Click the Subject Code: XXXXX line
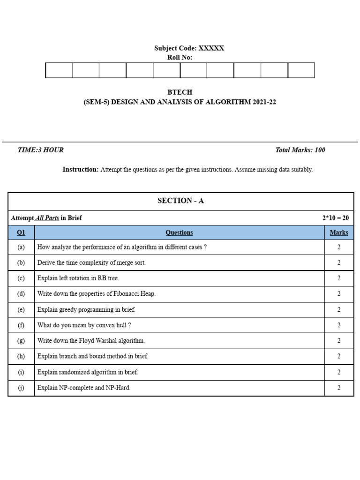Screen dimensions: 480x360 tap(189, 48)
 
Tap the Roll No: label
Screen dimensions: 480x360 tap(180, 58)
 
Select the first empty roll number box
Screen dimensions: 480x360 tap(59, 70)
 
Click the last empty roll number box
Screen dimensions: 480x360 tap(301, 70)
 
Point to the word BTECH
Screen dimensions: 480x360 tap(180, 92)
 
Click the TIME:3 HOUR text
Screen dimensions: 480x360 tap(40, 150)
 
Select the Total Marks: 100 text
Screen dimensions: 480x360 tap(300, 150)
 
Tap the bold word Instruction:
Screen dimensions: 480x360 tap(81, 170)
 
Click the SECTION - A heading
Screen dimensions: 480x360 tap(180, 201)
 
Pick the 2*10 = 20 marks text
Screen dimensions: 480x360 tap(335, 218)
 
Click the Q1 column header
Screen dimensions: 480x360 tap(21, 232)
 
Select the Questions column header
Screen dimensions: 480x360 tap(179, 232)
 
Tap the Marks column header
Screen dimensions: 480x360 tap(338, 232)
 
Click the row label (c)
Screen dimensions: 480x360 tap(21, 278)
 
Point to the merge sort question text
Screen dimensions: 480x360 tap(91, 263)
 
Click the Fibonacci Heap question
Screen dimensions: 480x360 tap(96, 294)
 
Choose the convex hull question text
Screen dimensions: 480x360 tap(84, 325)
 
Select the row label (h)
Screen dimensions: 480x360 tap(21, 356)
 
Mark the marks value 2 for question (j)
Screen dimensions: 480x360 tap(338, 388)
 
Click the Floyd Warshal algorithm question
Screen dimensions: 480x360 tap(91, 341)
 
